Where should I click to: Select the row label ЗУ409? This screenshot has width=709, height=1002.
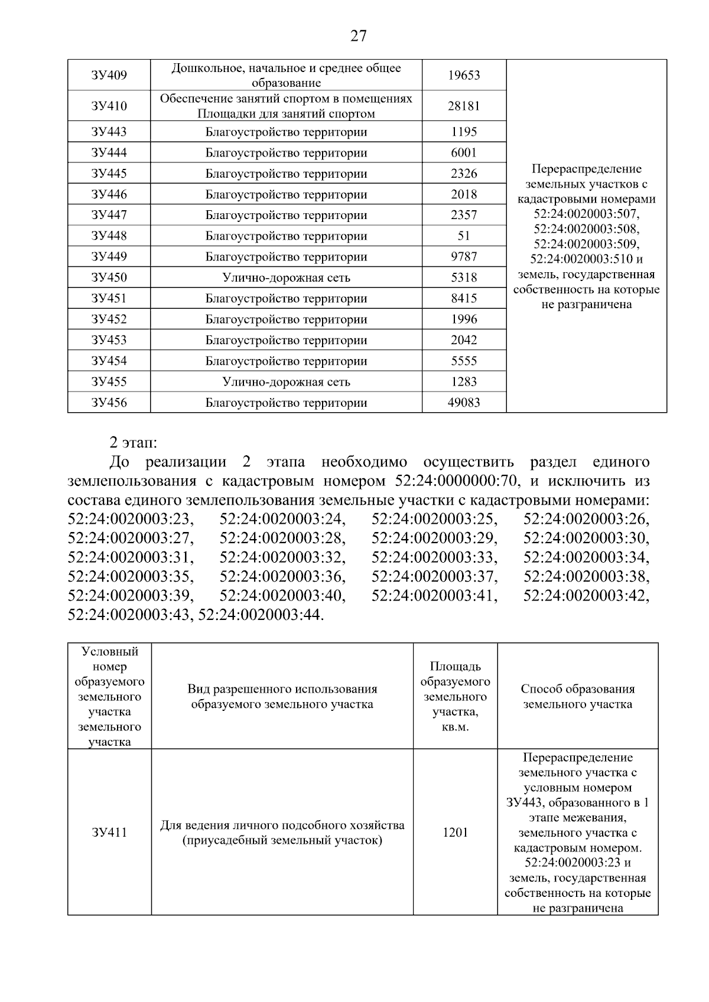(x=109, y=75)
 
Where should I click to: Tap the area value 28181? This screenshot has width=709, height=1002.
(x=464, y=106)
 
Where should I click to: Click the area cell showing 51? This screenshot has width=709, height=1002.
(x=464, y=236)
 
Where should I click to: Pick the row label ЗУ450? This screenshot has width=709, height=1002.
(x=109, y=278)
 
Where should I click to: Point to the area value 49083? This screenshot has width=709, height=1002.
(x=464, y=403)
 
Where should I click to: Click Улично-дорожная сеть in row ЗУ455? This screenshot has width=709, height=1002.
(x=286, y=382)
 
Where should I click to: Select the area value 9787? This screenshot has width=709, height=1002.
(x=464, y=257)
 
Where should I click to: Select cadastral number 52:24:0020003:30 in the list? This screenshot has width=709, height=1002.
(x=586, y=538)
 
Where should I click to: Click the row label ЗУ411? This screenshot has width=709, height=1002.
(x=109, y=833)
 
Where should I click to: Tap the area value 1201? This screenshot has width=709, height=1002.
(x=455, y=833)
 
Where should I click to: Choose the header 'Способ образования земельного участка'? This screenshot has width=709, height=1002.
(x=577, y=696)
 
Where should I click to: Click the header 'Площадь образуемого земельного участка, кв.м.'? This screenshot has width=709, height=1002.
(x=455, y=696)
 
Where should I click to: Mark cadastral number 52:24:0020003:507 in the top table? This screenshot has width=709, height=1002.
(x=586, y=214)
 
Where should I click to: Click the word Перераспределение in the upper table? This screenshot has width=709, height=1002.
(x=586, y=169)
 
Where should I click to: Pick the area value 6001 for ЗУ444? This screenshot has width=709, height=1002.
(x=464, y=153)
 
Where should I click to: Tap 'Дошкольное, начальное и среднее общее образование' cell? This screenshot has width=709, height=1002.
(x=286, y=75)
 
